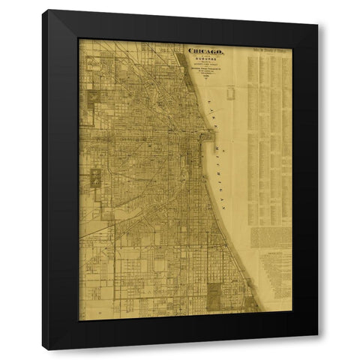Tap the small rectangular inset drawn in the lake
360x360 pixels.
[230, 92]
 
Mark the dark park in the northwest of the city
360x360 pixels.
[94, 97]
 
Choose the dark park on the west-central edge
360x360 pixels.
[96, 178]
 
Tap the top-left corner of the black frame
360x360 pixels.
[43, 10]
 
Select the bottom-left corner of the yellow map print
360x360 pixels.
[79, 319]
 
